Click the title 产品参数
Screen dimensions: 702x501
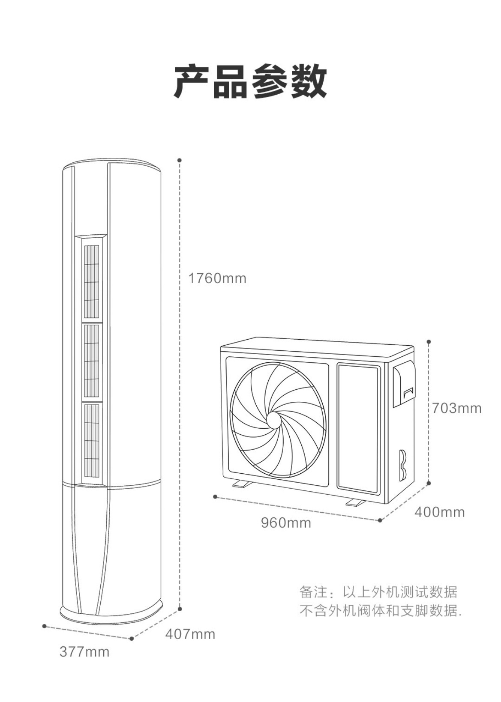[x=250, y=82]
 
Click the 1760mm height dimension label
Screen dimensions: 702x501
[x=217, y=279]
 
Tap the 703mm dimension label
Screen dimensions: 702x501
[x=456, y=408]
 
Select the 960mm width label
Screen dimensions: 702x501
[x=286, y=523]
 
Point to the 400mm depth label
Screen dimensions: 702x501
[x=439, y=512]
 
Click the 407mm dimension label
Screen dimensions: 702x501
[x=190, y=634]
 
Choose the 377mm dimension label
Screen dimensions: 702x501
[x=84, y=652]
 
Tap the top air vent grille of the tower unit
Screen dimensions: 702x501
[x=91, y=281]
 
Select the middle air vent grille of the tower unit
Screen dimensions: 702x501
[x=91, y=361]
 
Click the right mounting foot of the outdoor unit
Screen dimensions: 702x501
[x=355, y=502]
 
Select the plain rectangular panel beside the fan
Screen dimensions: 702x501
[x=358, y=427]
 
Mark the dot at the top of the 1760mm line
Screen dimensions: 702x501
[x=180, y=160]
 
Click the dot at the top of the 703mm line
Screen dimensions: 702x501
[x=429, y=342]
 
